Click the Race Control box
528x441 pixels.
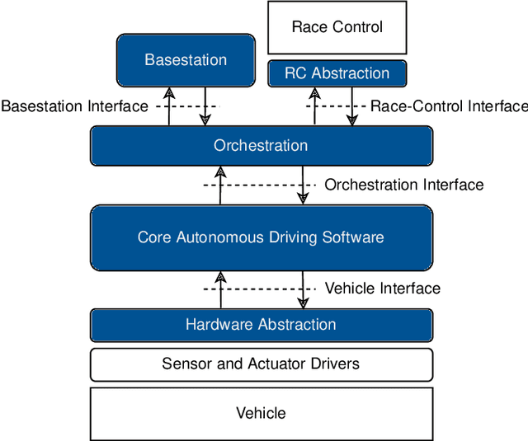[x=337, y=27]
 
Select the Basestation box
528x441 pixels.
[x=186, y=59]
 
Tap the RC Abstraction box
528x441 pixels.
[x=337, y=73]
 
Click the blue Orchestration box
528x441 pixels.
[x=261, y=146]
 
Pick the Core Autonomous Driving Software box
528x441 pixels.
[x=261, y=237]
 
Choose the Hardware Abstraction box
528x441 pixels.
[x=261, y=324]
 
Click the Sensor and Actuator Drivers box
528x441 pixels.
[x=261, y=364]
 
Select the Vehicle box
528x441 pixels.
[x=261, y=413]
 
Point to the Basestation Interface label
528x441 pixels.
[x=75, y=106]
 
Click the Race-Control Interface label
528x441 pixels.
[x=448, y=106]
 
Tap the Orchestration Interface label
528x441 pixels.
[x=403, y=185]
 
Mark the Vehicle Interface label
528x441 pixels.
[x=382, y=289]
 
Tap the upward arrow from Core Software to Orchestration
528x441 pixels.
[x=220, y=185]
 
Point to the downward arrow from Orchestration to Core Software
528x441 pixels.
[x=304, y=185]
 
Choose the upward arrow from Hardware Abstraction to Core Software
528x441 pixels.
[x=220, y=289]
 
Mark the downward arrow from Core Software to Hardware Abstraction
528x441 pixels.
[x=304, y=289]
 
